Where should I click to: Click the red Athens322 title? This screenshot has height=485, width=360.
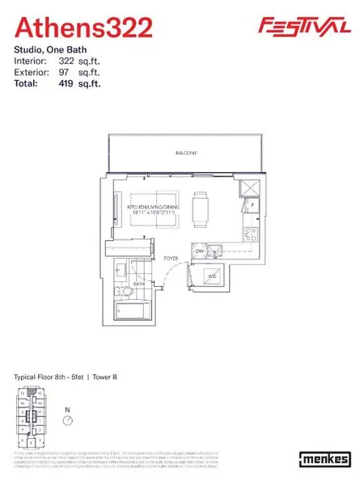click(x=84, y=28)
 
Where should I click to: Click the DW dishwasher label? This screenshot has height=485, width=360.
click(x=200, y=251)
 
